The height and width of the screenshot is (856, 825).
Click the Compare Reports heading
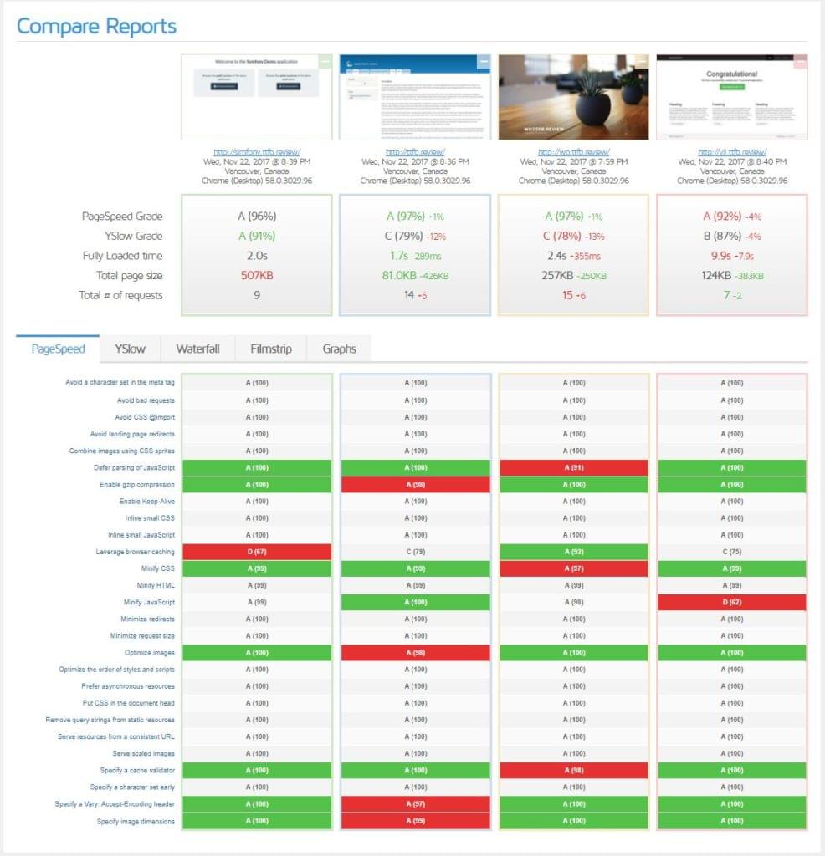97,26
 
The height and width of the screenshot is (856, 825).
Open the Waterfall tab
197,349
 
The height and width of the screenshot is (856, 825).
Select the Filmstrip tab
271,349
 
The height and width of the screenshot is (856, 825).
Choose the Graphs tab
339,349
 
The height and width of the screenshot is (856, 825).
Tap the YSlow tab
130,349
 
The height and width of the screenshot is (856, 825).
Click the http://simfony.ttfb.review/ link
257,152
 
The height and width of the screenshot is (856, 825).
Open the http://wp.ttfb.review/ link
573,152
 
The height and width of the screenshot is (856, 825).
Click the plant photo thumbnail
573,97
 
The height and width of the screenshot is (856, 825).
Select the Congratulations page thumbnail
732,97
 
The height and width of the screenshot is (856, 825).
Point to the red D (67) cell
257,552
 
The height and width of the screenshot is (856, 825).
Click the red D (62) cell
732,602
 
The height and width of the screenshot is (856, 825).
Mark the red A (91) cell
573,467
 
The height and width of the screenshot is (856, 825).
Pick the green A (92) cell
573,552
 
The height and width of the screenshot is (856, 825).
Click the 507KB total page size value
257,276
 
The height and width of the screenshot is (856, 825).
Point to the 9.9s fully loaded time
721,256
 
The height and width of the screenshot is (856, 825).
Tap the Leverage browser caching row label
135,552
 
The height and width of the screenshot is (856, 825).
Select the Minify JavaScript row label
149,602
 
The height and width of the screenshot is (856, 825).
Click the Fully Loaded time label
122,256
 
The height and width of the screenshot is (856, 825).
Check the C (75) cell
732,552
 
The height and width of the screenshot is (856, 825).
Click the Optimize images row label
150,653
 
